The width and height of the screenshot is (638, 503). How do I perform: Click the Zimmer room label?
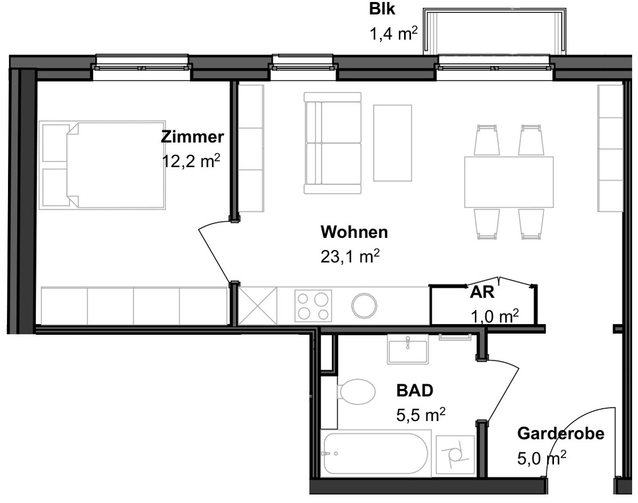[x=192, y=137]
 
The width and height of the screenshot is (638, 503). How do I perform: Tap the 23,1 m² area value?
[x=350, y=256]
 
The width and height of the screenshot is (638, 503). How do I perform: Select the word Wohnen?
[x=354, y=232]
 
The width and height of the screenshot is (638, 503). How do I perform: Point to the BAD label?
[x=415, y=391]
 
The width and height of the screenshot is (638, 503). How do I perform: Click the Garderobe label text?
[x=561, y=433]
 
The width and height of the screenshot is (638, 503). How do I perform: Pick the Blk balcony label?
[x=382, y=9]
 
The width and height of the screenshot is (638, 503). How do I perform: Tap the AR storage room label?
[x=482, y=292]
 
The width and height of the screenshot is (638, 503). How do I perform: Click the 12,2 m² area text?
[x=191, y=161]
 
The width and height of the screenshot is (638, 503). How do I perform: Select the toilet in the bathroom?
[x=356, y=392]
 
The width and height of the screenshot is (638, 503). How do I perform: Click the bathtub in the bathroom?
[x=376, y=453]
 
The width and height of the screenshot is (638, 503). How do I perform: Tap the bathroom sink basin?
[x=408, y=349]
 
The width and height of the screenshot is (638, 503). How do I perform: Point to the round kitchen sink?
[x=364, y=305]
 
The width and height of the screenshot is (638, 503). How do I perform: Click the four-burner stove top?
[x=313, y=306]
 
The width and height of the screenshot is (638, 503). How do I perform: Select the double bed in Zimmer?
[x=102, y=165]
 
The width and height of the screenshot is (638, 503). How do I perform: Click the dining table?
[x=509, y=182]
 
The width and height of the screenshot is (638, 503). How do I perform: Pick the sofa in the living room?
[x=333, y=143]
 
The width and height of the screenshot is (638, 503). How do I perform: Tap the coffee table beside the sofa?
[x=392, y=143]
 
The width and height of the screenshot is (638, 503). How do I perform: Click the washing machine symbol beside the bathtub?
[x=456, y=455]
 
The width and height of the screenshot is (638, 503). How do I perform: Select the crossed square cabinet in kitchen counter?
[x=257, y=306]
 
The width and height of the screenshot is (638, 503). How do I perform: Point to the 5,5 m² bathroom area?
[x=421, y=415]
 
